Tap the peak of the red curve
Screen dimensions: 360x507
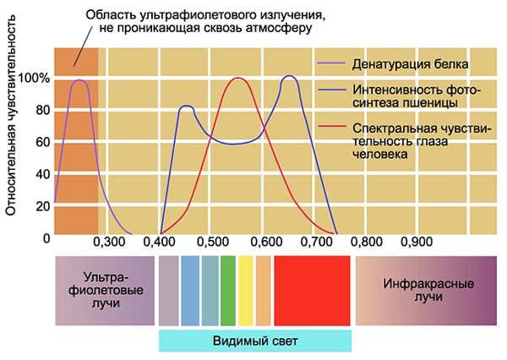(237, 79)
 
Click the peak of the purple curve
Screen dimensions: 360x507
(81, 80)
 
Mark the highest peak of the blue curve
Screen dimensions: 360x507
(289, 76)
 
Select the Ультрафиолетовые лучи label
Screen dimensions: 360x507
(106, 291)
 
